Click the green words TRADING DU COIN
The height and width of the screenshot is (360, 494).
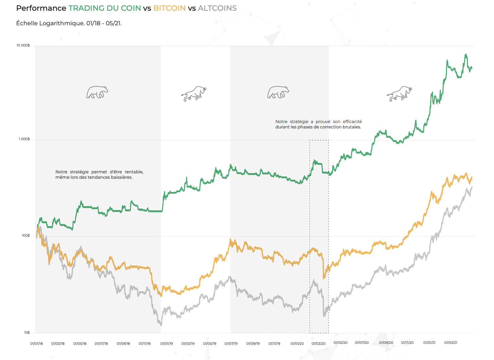click(105, 8)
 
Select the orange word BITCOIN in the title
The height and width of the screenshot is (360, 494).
click(170, 8)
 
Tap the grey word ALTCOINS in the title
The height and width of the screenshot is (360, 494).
click(217, 8)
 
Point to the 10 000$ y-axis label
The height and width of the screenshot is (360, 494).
click(23, 46)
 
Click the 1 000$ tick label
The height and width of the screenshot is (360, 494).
click(24, 139)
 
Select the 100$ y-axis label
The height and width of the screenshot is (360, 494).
click(26, 236)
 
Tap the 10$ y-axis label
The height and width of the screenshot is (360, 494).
click(27, 332)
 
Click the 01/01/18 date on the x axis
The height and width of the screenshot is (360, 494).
click(36, 344)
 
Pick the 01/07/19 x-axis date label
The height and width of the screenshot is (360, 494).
click(231, 344)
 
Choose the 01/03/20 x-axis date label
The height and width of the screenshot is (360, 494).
click(318, 344)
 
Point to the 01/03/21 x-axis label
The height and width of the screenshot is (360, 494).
click(451, 343)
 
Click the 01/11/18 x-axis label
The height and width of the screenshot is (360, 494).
click(145, 344)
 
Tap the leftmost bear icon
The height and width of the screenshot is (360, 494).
click(97, 92)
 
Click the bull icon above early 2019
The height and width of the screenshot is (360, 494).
click(194, 93)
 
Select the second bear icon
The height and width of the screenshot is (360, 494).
click(278, 92)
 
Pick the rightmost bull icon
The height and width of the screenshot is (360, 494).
click(399, 93)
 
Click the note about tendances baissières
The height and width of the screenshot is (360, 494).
click(99, 175)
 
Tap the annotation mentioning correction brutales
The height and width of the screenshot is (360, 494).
click(318, 124)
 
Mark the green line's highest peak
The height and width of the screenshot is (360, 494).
click(466, 55)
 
